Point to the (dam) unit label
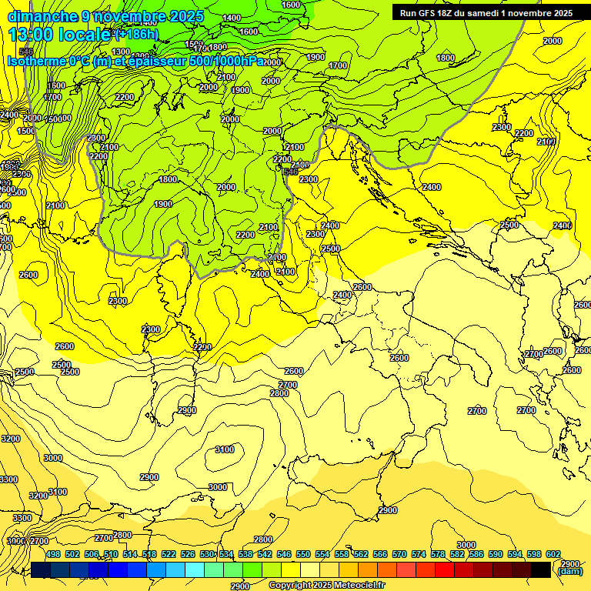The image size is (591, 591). [569, 571]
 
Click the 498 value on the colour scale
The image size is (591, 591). [53, 554]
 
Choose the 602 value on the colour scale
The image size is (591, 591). [553, 554]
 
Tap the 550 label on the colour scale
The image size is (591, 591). [303, 554]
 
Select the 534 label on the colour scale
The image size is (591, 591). [226, 554]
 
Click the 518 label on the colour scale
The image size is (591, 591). [149, 554]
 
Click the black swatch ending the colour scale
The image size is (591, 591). [540, 569]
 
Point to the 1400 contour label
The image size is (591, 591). [231, 18]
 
